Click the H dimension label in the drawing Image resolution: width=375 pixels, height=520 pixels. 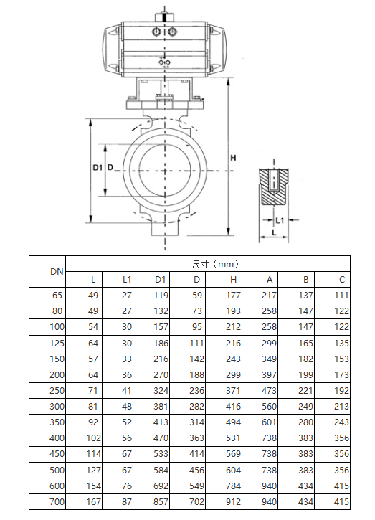(233, 157)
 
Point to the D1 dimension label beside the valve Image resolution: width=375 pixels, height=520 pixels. (98, 167)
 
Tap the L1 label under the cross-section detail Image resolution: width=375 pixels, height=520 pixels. (280, 219)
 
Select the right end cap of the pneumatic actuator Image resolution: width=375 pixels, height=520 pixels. (218, 48)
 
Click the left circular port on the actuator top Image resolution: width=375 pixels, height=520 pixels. (156, 32)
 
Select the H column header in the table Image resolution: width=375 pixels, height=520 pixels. (233, 279)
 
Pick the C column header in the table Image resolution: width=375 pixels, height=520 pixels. (342, 279)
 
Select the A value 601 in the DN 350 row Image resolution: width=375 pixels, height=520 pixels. (269, 422)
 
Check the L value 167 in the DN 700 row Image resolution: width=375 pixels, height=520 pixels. (93, 502)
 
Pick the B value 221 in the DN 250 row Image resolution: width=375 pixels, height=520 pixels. (305, 391)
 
